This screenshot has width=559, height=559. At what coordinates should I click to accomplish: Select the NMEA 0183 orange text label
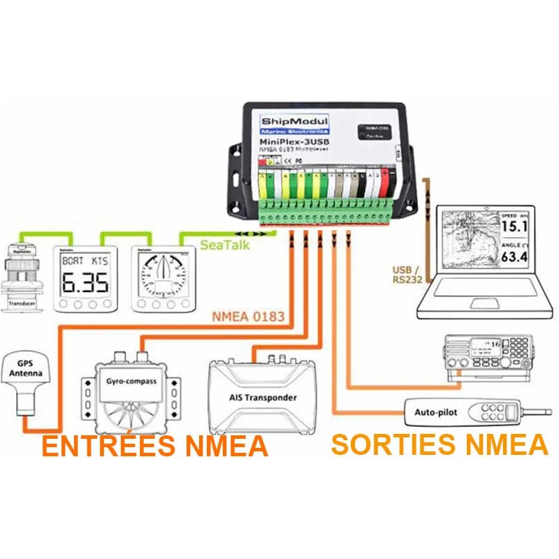pyautogui.click(x=248, y=317)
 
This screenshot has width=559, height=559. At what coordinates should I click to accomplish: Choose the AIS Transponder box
pyautogui.click(x=263, y=398)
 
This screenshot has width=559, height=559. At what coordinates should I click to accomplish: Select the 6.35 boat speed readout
pyautogui.click(x=85, y=282)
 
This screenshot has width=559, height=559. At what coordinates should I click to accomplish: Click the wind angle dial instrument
pyautogui.click(x=163, y=275)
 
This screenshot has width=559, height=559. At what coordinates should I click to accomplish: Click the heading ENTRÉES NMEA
pyautogui.click(x=154, y=446)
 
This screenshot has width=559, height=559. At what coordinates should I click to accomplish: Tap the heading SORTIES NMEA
pyautogui.click(x=439, y=444)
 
